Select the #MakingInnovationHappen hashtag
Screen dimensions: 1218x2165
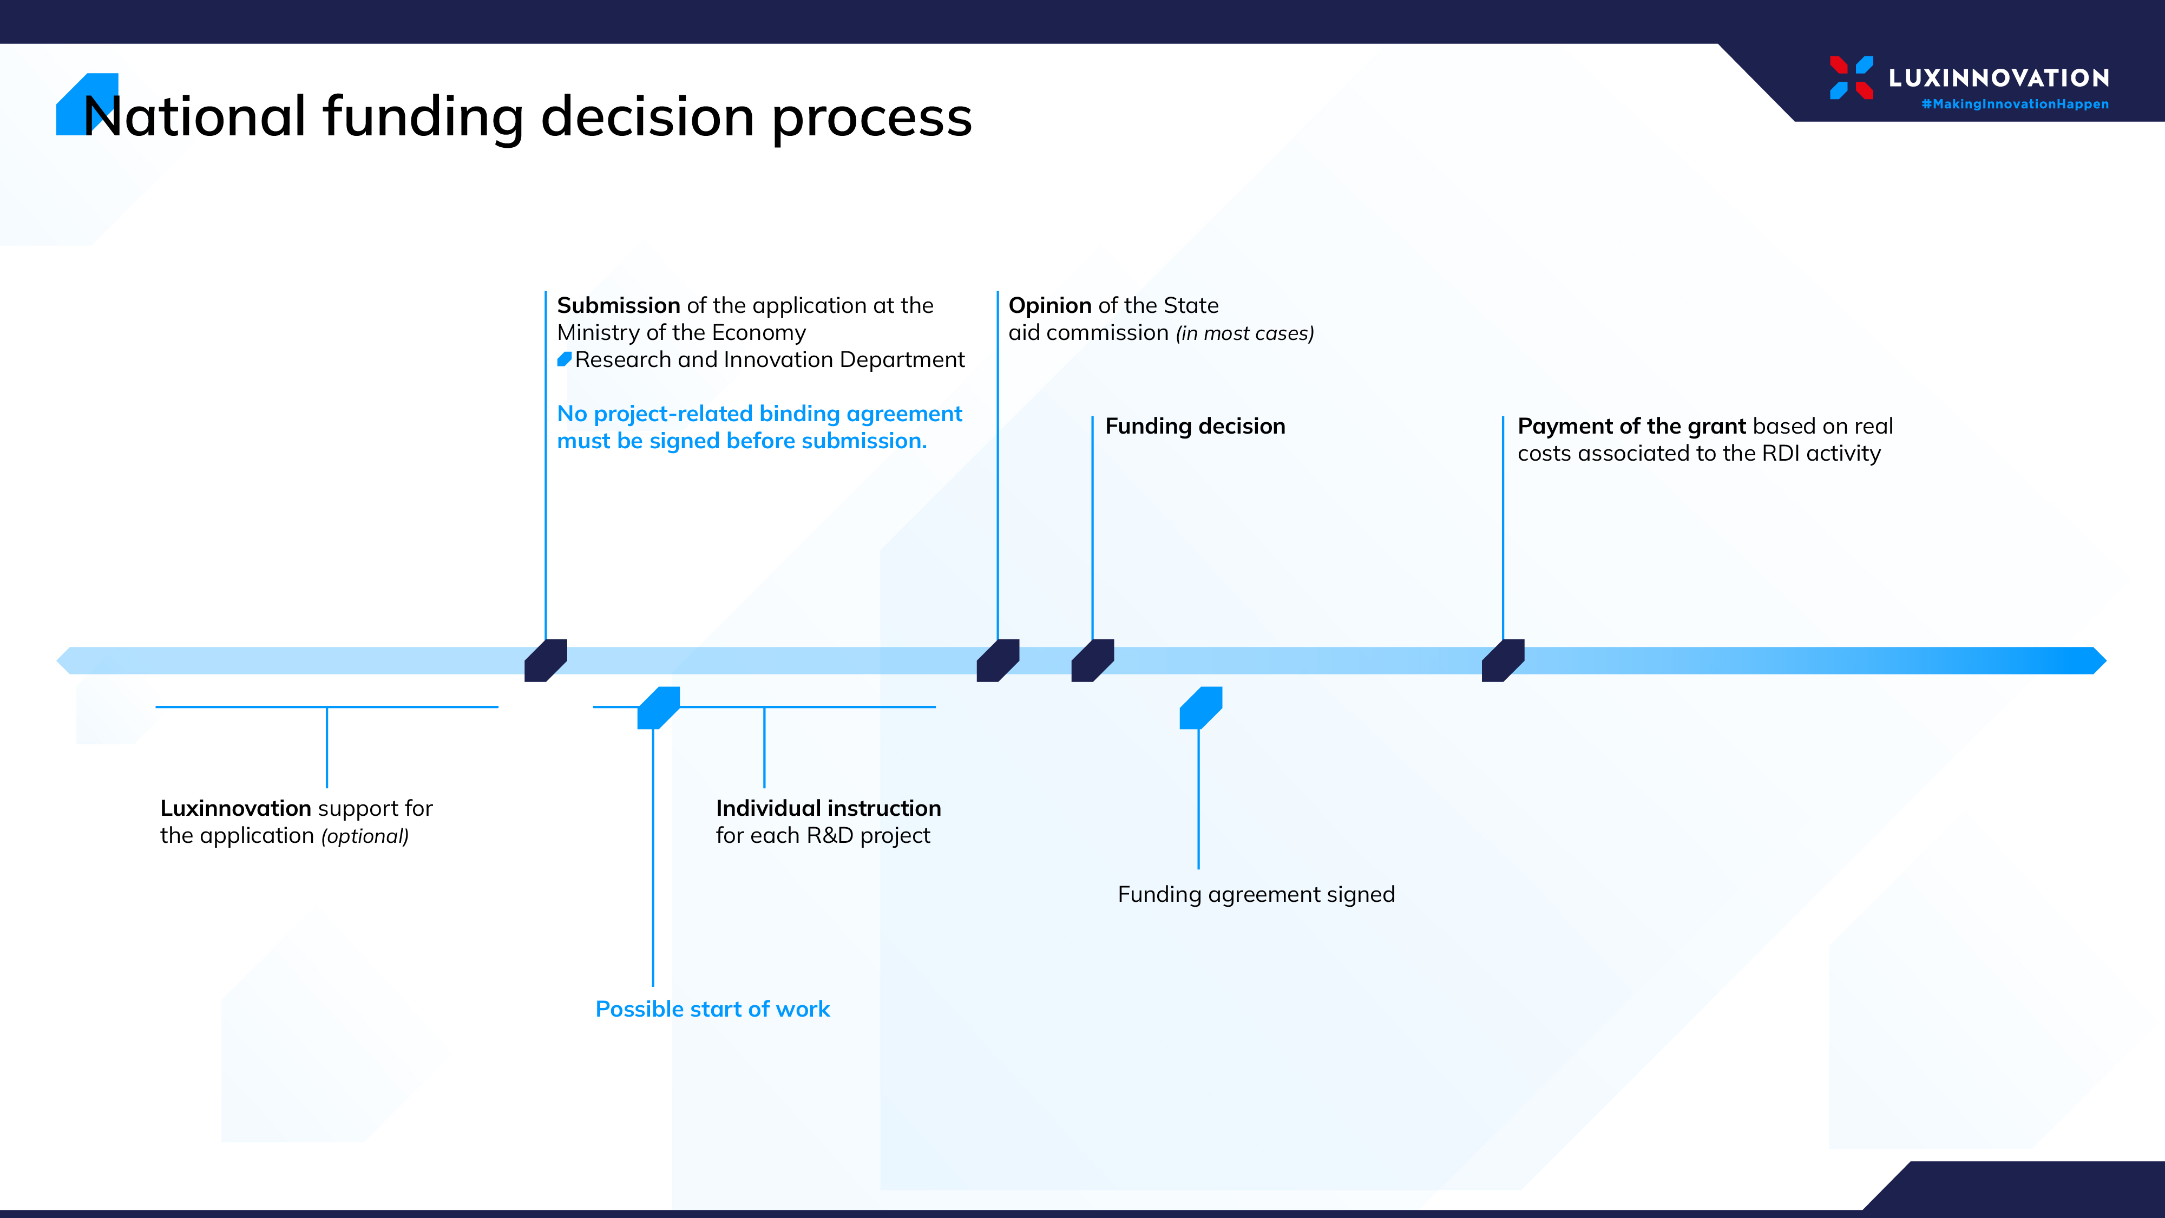pyautogui.click(x=2015, y=104)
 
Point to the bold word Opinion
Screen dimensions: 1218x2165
pyautogui.click(x=1049, y=305)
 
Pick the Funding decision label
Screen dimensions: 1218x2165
pyautogui.click(x=1195, y=426)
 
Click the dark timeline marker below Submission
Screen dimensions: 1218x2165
pyautogui.click(x=546, y=660)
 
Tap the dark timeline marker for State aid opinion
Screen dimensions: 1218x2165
pyautogui.click(x=998, y=660)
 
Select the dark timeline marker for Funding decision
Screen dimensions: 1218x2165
pyautogui.click(x=1093, y=660)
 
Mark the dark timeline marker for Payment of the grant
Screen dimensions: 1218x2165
pyautogui.click(x=1503, y=660)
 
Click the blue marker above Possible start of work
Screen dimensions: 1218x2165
pyautogui.click(x=658, y=708)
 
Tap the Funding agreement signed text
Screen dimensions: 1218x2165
pyautogui.click(x=1256, y=894)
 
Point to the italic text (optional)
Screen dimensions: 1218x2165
pyautogui.click(x=365, y=836)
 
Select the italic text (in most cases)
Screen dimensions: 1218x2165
pyautogui.click(x=1245, y=333)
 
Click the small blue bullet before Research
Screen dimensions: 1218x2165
pyautogui.click(x=564, y=360)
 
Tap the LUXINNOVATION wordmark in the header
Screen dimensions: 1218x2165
pyautogui.click(x=1999, y=78)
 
